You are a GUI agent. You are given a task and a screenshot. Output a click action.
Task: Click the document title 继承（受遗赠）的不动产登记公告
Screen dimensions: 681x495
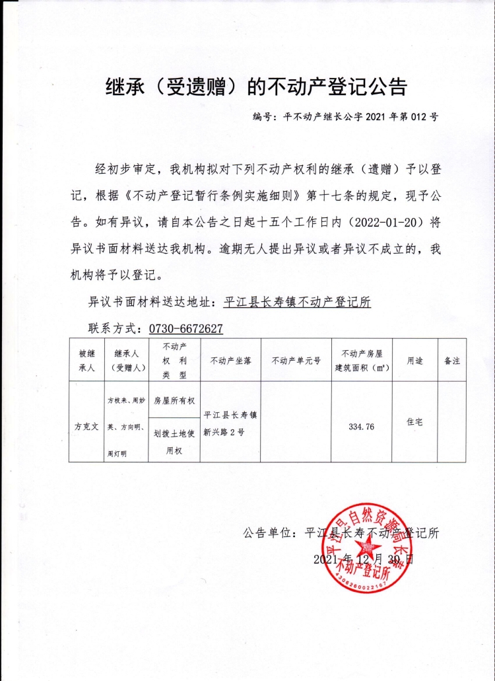(x=256, y=86)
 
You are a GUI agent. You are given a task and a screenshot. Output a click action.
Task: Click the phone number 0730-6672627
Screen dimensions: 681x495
(x=185, y=328)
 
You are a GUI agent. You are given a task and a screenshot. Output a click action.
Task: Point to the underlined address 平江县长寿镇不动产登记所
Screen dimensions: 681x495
(x=298, y=303)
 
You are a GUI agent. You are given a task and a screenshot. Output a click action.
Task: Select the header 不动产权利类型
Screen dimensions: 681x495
(x=174, y=360)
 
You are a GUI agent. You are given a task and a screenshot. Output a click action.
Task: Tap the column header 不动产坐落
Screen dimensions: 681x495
(x=230, y=361)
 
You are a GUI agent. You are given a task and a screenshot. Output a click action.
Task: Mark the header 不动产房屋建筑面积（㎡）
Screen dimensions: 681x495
(x=361, y=360)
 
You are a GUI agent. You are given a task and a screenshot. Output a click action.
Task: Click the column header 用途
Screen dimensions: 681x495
(x=415, y=361)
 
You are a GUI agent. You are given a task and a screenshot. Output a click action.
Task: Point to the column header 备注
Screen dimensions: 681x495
(x=452, y=361)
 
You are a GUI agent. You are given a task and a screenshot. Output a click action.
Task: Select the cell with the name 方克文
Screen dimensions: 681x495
(x=86, y=427)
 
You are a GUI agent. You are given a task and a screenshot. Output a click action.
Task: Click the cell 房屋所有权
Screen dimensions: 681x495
(x=174, y=400)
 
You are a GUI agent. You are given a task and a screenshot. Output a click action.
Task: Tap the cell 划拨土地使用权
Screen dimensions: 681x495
(x=174, y=441)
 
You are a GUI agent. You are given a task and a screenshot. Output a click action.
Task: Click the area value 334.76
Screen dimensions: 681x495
(x=361, y=427)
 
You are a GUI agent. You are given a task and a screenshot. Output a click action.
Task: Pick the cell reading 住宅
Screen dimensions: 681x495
(x=415, y=421)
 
